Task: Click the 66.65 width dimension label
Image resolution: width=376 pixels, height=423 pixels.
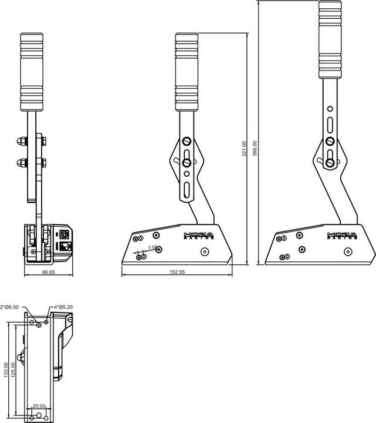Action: click(x=49, y=272)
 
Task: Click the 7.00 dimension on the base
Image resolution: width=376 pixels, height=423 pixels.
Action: click(x=152, y=248)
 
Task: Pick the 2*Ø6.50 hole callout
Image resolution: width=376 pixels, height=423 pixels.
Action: click(x=10, y=307)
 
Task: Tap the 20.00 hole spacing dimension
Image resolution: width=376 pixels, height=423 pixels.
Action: click(x=39, y=406)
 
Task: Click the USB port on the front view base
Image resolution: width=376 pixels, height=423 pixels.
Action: click(x=64, y=233)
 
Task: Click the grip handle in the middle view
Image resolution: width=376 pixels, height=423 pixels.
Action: click(x=187, y=72)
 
